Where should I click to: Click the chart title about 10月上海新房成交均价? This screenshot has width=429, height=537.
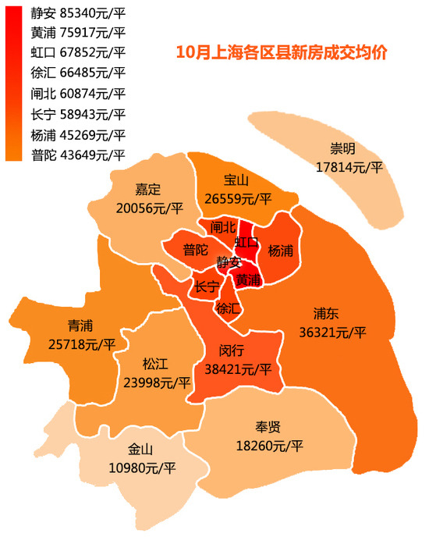[282, 53]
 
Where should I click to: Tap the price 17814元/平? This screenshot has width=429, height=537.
[349, 166]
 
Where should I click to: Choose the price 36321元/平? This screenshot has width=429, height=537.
[331, 332]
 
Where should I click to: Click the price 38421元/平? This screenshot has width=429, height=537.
[238, 368]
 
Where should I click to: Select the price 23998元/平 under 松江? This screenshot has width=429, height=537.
[157, 382]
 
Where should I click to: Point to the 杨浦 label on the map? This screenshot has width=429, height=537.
[280, 251]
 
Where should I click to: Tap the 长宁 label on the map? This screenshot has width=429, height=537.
[207, 286]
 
